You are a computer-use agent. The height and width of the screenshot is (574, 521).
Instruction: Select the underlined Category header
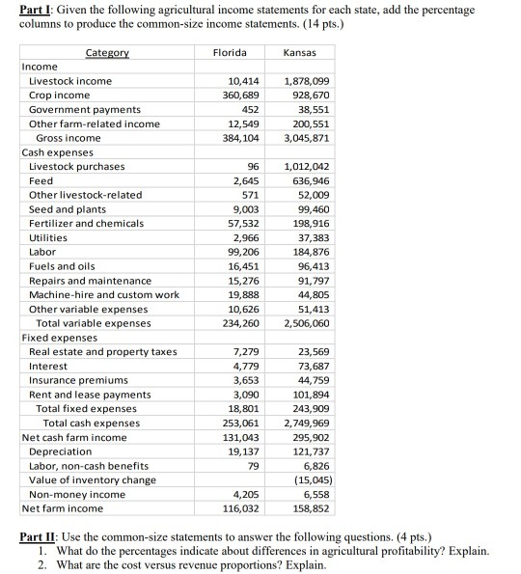[x=108, y=52]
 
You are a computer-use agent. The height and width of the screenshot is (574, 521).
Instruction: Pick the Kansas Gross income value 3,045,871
[x=310, y=138]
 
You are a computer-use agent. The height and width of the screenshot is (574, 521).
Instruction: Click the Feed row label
[x=41, y=180]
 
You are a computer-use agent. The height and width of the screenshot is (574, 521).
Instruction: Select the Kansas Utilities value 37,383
[x=316, y=237]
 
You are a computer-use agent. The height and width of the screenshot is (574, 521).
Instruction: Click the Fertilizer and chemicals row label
[x=86, y=223]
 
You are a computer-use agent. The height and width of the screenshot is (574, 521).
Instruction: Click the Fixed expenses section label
[x=59, y=338]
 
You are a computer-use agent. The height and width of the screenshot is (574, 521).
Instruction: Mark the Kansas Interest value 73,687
[x=316, y=366]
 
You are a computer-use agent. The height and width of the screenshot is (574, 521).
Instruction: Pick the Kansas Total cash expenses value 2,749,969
[x=310, y=423]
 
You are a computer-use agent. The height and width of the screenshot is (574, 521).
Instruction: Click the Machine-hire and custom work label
[x=104, y=294]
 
